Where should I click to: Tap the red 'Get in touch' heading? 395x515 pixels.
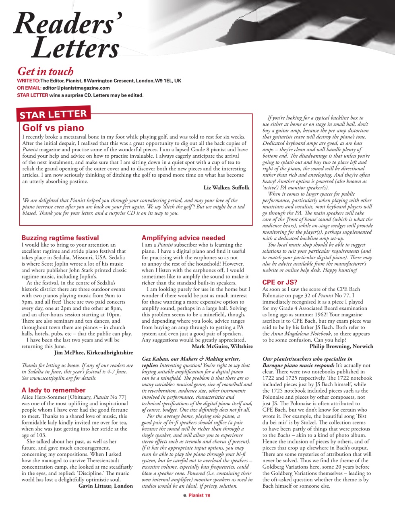point(45,72)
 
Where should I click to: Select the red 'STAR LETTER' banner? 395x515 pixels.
point(53,114)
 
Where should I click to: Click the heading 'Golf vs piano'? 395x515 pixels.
point(53,128)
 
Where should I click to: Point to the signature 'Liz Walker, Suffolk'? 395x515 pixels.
point(226,187)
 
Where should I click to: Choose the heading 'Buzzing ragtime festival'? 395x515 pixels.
point(60,238)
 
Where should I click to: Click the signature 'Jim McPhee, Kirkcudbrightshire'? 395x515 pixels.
point(93,352)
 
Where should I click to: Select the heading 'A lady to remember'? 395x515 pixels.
point(54,390)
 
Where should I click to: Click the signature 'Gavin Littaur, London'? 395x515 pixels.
point(105,486)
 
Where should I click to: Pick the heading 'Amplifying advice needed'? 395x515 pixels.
point(183,238)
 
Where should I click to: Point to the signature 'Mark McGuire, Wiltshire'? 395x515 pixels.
point(222,346)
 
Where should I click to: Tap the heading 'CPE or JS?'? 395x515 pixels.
point(280,282)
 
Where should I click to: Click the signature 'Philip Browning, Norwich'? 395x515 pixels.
point(341,346)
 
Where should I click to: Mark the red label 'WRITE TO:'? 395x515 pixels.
point(29,81)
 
